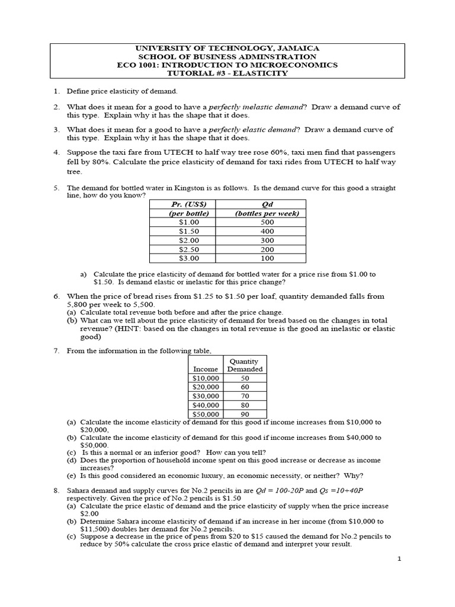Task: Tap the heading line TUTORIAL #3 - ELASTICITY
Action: coord(228,73)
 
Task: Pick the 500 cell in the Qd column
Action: coord(267,222)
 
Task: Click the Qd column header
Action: coord(267,205)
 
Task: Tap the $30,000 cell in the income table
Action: coord(206,395)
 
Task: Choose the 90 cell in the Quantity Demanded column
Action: coord(245,414)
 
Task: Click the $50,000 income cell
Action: coord(206,414)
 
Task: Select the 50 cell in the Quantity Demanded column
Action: coord(245,378)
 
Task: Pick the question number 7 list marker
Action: coord(56,351)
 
